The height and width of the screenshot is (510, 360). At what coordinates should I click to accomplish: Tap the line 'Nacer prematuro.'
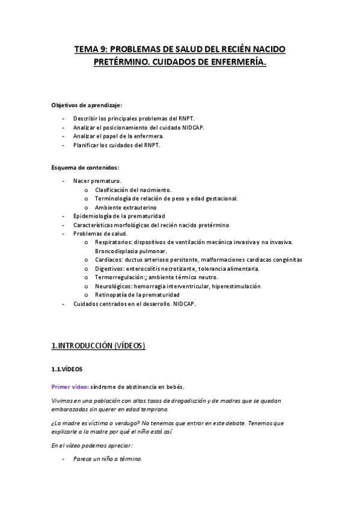click(97, 180)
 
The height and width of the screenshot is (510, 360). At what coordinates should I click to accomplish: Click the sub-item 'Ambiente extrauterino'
click(125, 207)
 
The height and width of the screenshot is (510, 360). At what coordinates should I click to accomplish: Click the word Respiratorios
click(114, 242)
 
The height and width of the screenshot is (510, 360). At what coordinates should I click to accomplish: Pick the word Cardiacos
click(109, 260)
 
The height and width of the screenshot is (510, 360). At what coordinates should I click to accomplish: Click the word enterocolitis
click(148, 269)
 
